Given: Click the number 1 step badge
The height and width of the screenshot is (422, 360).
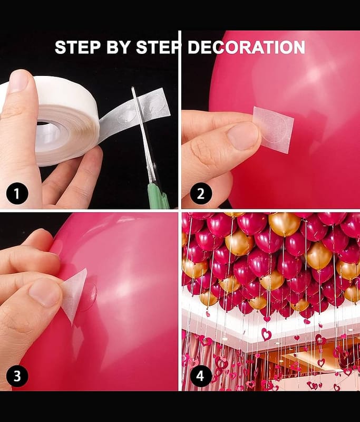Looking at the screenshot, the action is point(17,193).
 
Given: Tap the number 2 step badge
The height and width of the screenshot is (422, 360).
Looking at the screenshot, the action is point(201,193).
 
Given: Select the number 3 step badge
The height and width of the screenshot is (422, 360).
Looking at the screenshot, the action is point(17,376).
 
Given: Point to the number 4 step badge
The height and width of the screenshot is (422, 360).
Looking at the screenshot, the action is point(200,376).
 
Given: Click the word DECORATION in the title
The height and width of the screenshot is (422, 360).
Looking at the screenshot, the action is point(246,47).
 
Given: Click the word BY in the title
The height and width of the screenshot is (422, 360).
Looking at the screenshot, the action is point(119,47).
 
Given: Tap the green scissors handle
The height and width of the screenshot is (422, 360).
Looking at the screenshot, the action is point(158,195).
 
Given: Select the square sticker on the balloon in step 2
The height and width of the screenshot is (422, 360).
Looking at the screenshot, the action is point(274,129).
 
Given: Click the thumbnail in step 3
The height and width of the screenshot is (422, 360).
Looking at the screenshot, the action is point(44,293).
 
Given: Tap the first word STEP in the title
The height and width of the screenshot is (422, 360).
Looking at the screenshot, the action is point(79,47).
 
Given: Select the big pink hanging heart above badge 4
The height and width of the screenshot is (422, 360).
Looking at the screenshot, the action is point(266,334).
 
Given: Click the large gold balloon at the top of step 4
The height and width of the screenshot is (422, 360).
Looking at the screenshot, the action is point(285,224).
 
